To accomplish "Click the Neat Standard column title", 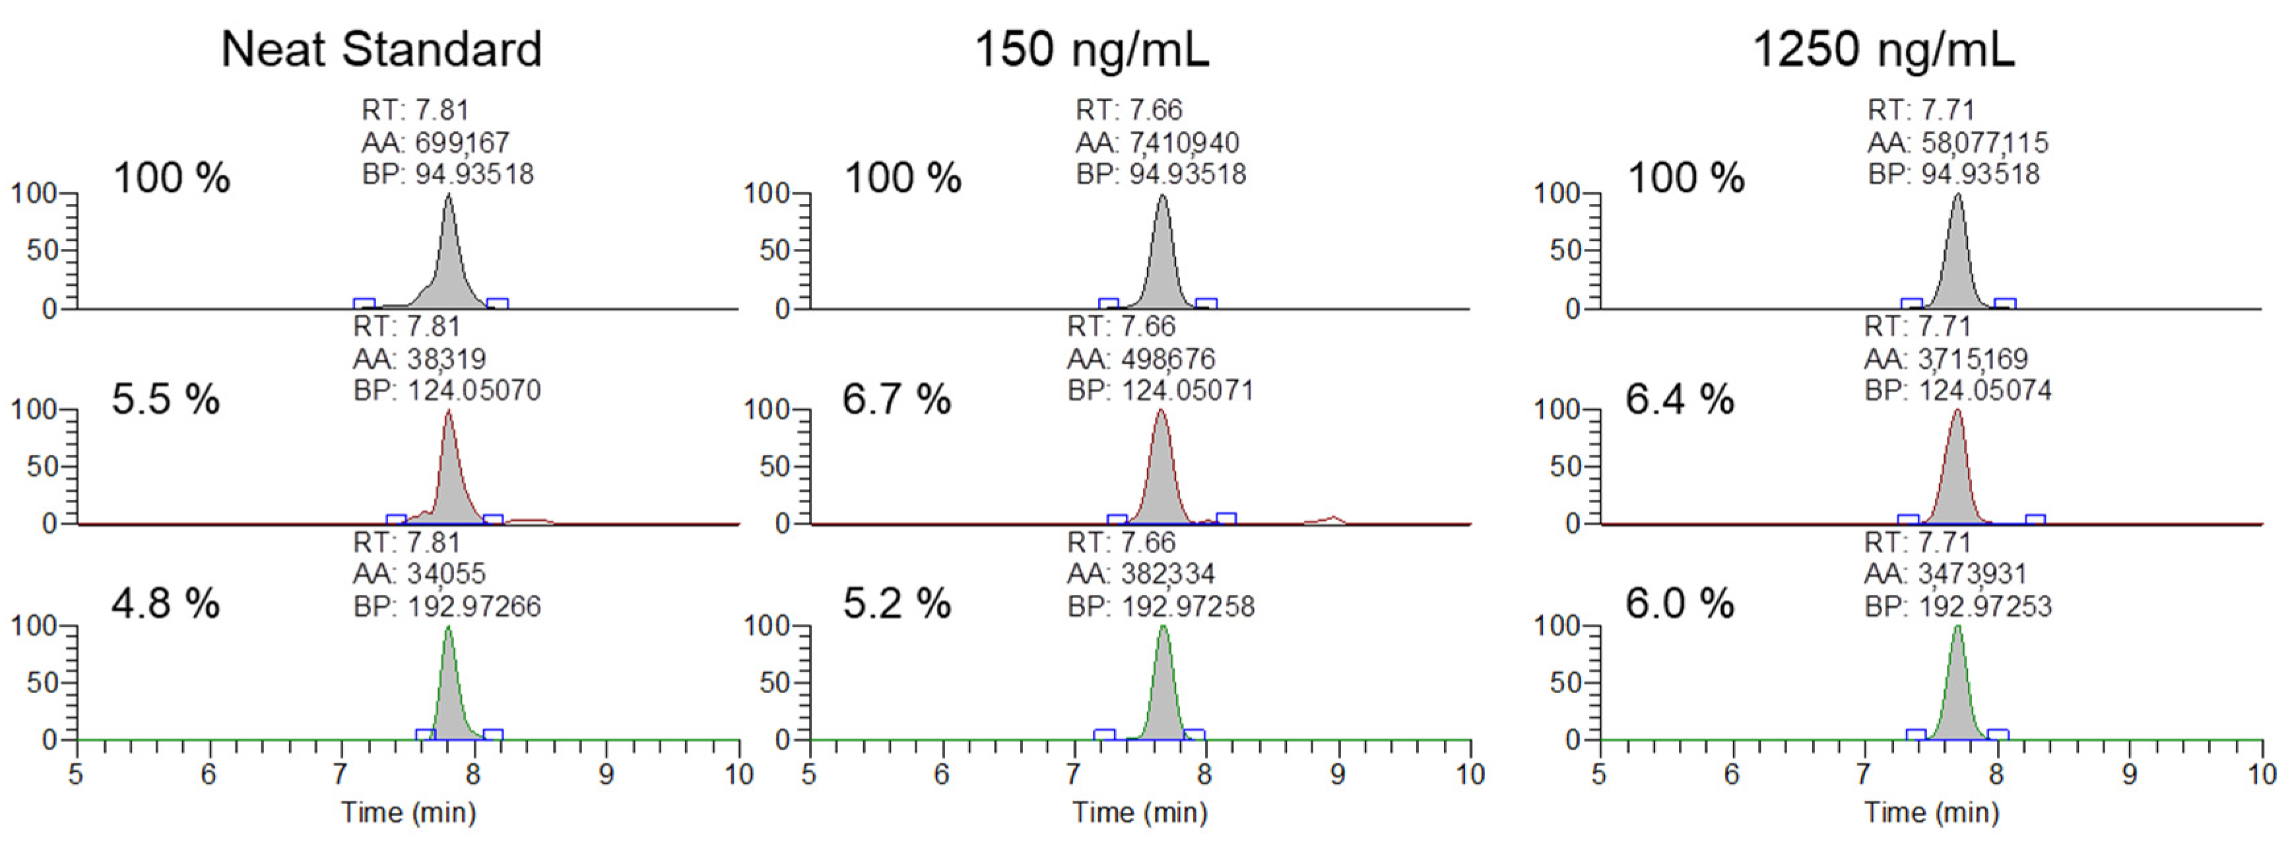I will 381,49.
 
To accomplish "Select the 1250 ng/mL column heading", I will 1883,49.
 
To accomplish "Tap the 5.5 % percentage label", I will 166,399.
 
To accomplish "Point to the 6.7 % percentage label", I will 896,399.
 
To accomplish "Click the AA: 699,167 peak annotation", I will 435,143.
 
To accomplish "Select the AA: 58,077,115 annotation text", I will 1957,143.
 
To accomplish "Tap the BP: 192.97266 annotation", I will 447,606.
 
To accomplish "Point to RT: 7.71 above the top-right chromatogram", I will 1920,110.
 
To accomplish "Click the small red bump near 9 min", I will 1332,518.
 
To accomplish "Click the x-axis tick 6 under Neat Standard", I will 208,774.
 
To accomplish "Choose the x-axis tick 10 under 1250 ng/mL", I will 2261,774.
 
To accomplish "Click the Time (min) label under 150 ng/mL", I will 1139,812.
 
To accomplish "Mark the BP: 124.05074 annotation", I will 1957,391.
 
